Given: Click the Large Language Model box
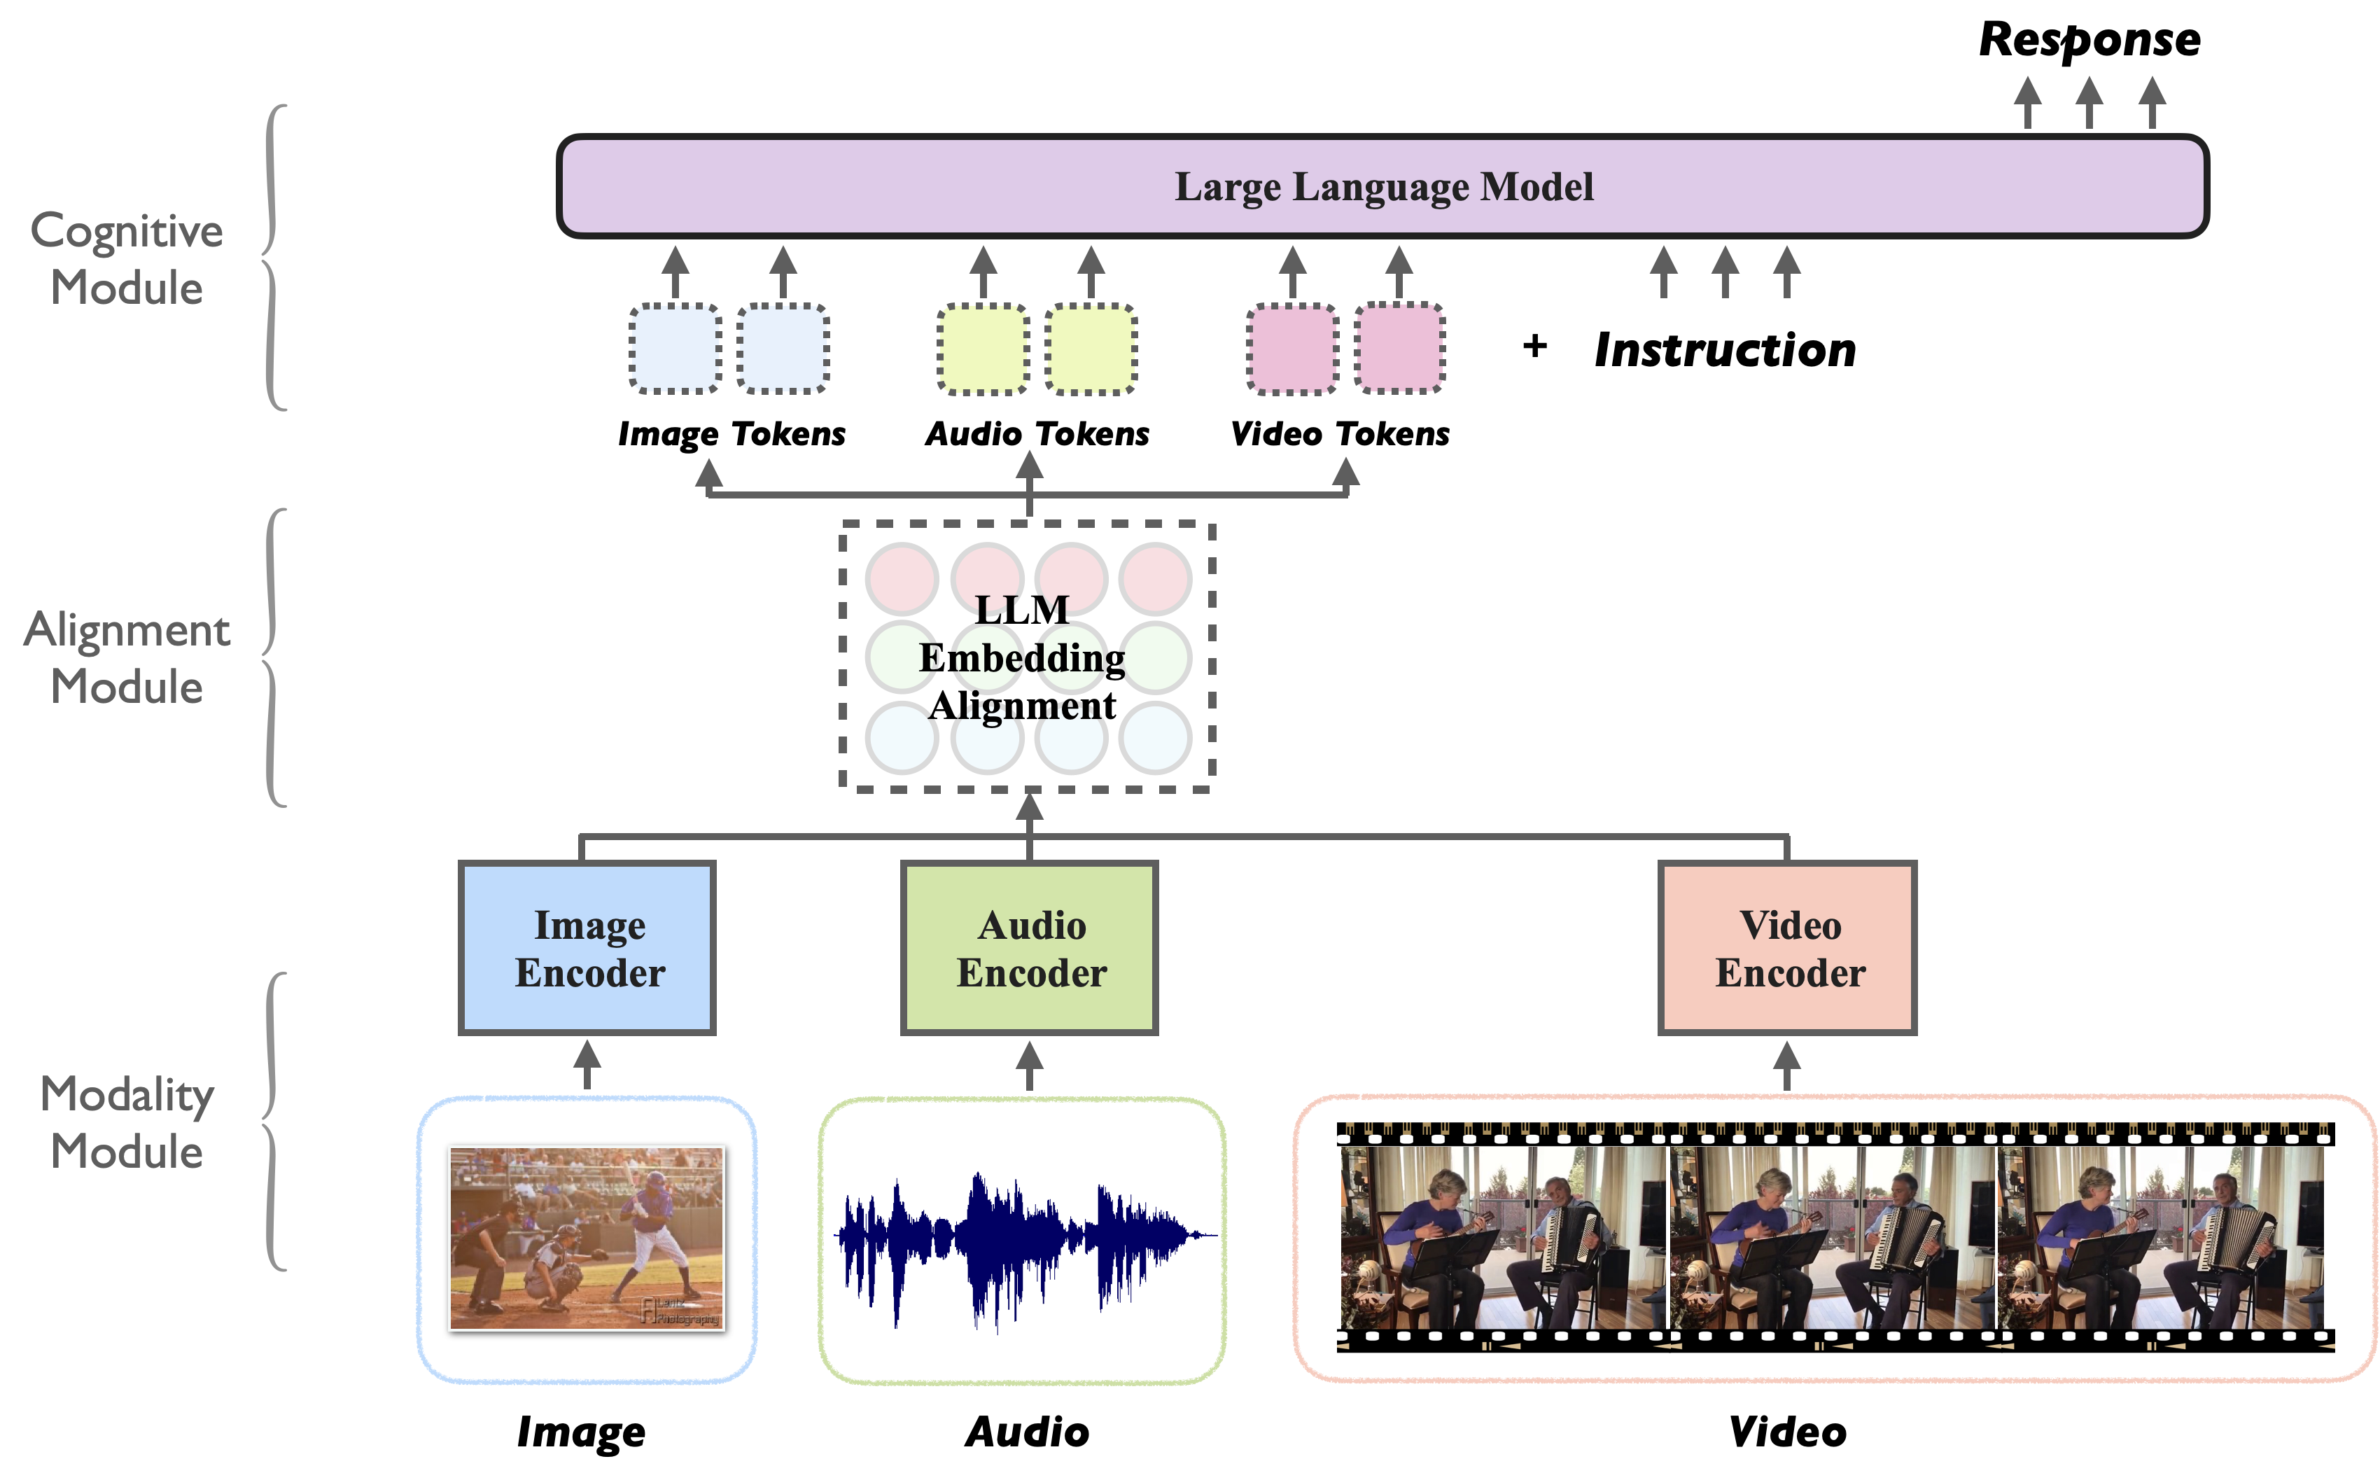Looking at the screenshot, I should pyautogui.click(x=1383, y=186).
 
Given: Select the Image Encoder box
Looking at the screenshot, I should pyautogui.click(x=587, y=948).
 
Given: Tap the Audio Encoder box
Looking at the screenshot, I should pyautogui.click(x=1030, y=948).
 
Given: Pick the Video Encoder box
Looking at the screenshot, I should pyautogui.click(x=1788, y=948).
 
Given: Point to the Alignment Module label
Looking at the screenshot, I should pyautogui.click(x=126, y=657).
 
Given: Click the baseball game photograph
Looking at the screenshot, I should pyautogui.click(x=585, y=1238).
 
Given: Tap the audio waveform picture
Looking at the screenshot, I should pyautogui.click(x=1025, y=1251).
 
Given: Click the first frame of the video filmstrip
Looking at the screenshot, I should pyautogui.click(x=1503, y=1238).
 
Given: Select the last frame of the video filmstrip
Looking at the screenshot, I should pyautogui.click(x=2160, y=1238).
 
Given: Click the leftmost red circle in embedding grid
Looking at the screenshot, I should pyautogui.click(x=902, y=579).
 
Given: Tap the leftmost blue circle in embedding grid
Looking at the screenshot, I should pyautogui.click(x=902, y=738).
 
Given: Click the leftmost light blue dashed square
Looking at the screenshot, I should pyautogui.click(x=675, y=348).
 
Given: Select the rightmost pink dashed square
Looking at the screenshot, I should pyautogui.click(x=1399, y=348).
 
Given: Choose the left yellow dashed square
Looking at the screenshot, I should pyautogui.click(x=983, y=348).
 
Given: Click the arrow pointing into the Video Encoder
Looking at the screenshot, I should pyautogui.click(x=1786, y=1065).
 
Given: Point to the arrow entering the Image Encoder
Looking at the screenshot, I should pyautogui.click(x=587, y=1065).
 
